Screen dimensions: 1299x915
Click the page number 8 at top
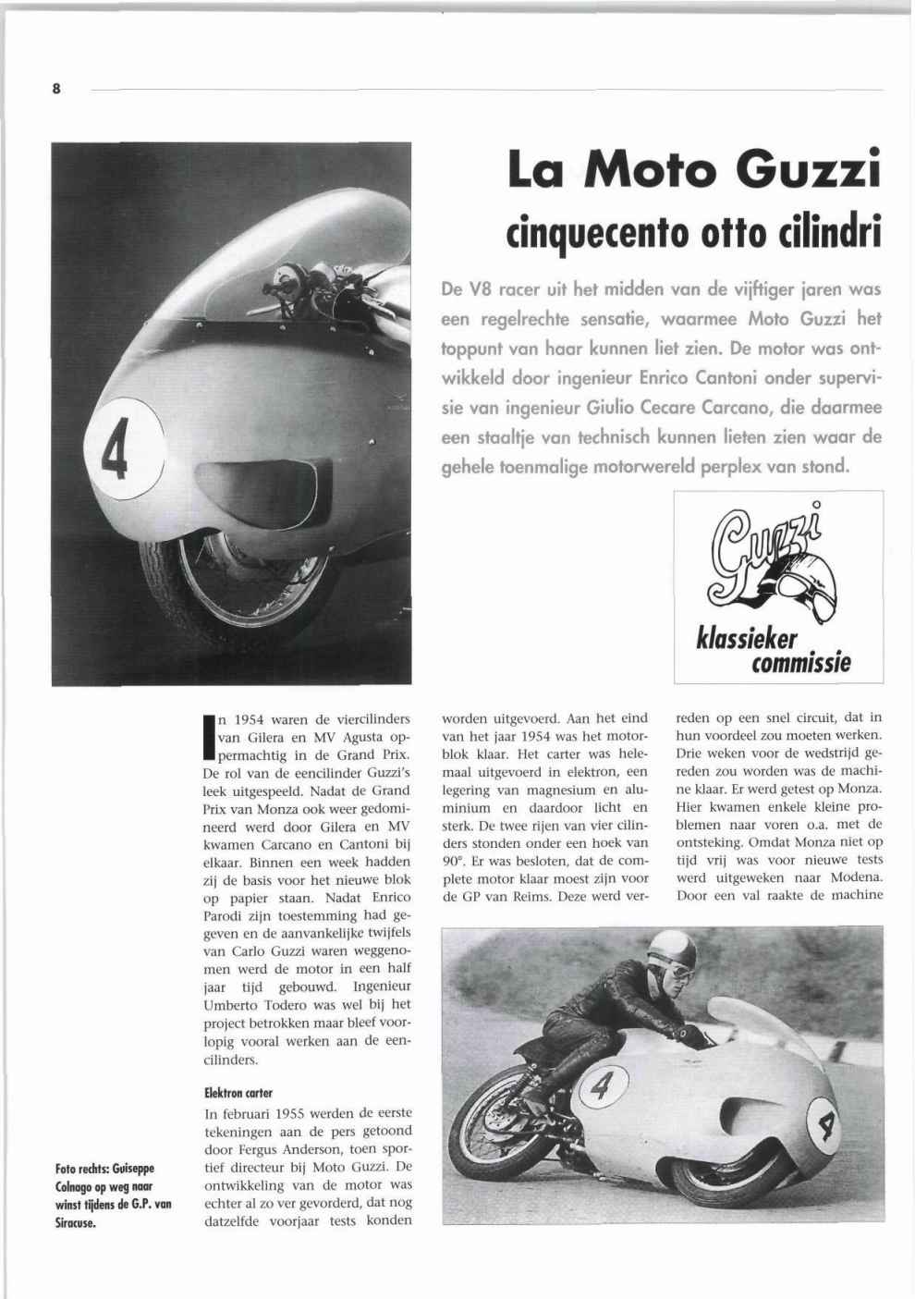[56, 90]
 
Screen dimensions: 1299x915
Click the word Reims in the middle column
[528, 895]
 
